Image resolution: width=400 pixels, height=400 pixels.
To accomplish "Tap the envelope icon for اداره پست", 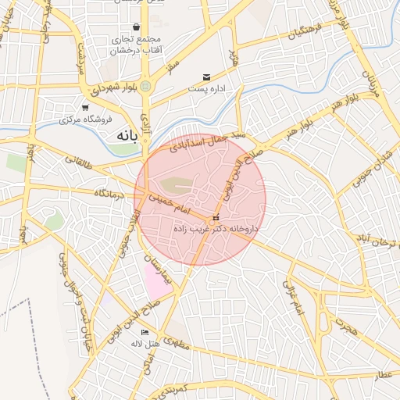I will (206, 77).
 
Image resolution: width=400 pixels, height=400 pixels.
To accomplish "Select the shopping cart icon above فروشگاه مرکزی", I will (85, 108).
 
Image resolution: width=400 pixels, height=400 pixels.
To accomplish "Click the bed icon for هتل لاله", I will (144, 333).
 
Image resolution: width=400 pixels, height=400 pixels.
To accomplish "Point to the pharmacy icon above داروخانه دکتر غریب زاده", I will (216, 217).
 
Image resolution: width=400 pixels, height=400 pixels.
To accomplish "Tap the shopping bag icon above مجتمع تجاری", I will (137, 27).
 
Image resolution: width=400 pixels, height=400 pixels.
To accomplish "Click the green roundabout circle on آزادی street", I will (145, 86).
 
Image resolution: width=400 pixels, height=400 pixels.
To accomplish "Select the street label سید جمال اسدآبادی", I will (212, 139).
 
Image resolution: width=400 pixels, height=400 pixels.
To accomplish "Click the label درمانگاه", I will (110, 192).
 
